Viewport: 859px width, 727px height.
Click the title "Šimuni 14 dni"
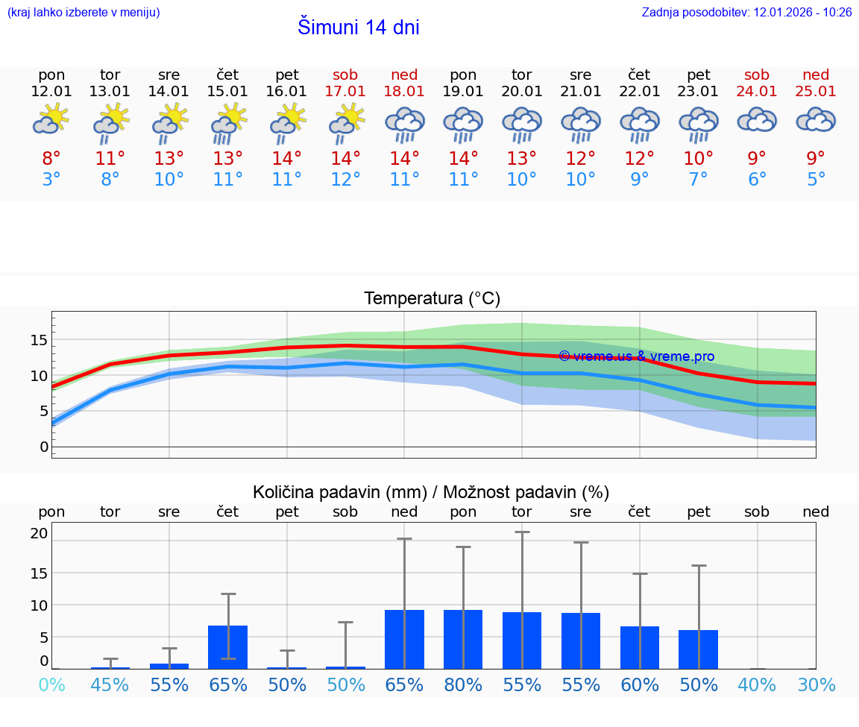tap(358, 28)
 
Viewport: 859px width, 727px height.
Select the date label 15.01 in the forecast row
tap(227, 92)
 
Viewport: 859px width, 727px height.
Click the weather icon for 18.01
tap(404, 123)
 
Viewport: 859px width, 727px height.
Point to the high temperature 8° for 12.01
tap(51, 159)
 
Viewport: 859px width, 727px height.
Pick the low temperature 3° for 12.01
tap(51, 180)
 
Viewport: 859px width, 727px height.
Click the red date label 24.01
tap(757, 92)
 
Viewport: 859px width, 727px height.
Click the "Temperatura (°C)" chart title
tap(432, 299)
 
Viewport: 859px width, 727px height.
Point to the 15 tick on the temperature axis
tap(39, 340)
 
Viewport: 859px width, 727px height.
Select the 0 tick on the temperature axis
tap(44, 447)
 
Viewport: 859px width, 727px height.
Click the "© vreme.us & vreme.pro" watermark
tap(636, 356)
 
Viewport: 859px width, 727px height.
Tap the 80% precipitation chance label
tap(463, 685)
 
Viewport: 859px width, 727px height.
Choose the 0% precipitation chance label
tap(51, 685)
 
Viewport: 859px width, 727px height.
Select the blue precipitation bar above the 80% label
tap(463, 639)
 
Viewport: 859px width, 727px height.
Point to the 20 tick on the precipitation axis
tap(39, 533)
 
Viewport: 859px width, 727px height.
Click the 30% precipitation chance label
tap(816, 685)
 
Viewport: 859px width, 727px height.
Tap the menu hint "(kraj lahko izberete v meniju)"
tap(84, 13)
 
